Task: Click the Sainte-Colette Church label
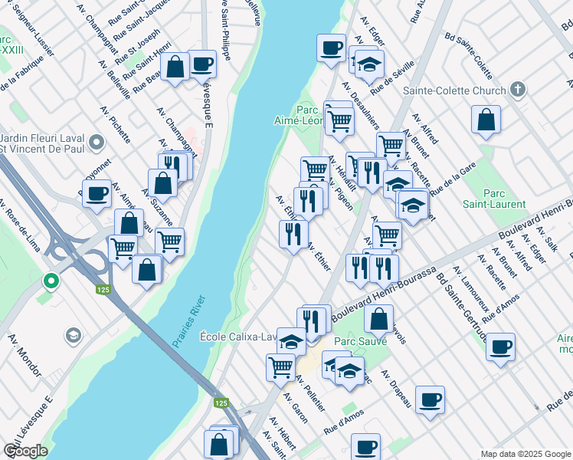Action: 467,90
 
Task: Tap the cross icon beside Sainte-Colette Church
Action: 519,90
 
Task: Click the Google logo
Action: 25,451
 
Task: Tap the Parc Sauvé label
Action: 360,340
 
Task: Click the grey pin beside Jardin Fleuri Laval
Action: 97,143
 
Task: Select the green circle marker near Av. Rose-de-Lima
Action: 51,281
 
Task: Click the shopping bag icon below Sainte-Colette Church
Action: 486,120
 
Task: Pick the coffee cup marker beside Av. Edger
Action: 332,48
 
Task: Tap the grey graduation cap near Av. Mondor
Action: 73,335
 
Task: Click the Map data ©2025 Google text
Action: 525,454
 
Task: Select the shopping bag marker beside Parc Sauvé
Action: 378,318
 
